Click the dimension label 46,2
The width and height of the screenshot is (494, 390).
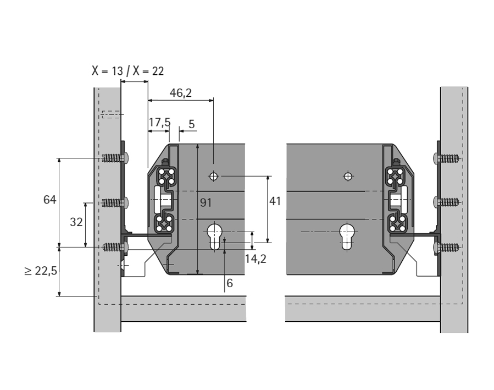pos(181,93)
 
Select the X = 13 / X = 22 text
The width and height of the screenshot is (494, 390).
pos(127,71)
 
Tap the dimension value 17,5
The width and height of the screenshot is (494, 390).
pos(159,123)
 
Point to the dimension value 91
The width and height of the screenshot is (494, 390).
pos(206,203)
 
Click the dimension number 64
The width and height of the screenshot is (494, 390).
pos(50,200)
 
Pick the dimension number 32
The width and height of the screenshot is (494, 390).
pos(76,222)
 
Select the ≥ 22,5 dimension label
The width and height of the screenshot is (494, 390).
pos(41,272)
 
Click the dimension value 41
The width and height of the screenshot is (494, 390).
pos(275,201)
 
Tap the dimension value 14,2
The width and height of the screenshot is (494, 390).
pos(256,259)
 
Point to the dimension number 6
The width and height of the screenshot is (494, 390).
pos(229,283)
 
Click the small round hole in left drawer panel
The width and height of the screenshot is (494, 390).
pos(214,177)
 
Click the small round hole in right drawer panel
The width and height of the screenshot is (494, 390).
pos(347,176)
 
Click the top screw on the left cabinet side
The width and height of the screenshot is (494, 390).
pos(114,158)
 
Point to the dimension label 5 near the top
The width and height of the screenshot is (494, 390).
pos(191,124)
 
